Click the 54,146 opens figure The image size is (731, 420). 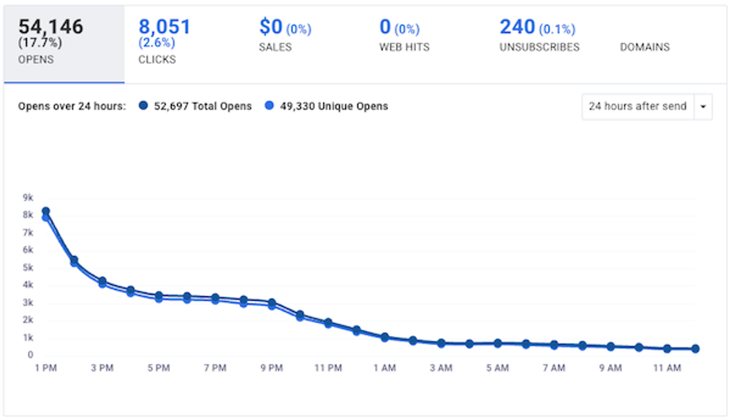click(x=51, y=26)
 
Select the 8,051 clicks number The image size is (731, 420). click(x=164, y=26)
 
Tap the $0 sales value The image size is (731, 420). click(x=271, y=27)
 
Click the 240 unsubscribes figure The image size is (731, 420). click(x=517, y=27)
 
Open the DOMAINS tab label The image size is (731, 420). click(x=645, y=47)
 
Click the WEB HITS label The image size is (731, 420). click(x=404, y=47)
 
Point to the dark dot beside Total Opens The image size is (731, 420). click(x=143, y=106)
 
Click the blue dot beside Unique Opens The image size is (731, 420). click(x=270, y=106)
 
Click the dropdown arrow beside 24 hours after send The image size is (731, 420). click(x=703, y=106)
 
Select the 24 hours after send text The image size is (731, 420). click(x=637, y=106)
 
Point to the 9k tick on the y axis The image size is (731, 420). click(x=28, y=198)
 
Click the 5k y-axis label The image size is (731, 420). click(x=28, y=268)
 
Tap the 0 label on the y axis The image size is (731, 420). click(x=30, y=355)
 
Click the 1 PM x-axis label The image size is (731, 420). click(x=46, y=368)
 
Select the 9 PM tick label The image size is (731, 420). click(x=272, y=368)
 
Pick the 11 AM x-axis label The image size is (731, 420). click(x=667, y=368)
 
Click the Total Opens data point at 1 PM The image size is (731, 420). click(x=46, y=211)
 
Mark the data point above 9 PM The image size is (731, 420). click(x=272, y=303)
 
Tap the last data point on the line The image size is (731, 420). click(x=695, y=349)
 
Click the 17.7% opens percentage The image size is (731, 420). click(x=40, y=43)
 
